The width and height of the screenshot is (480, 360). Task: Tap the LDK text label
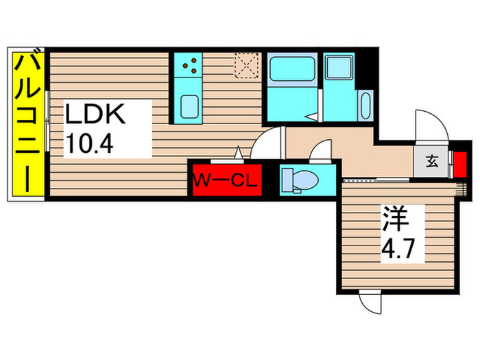pyautogui.click(x=95, y=115)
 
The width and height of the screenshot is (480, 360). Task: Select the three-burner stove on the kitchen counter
pyautogui.click(x=190, y=66)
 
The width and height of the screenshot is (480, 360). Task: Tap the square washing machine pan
pyautogui.click(x=339, y=69)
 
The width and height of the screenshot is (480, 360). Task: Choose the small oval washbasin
pyautogui.click(x=364, y=106)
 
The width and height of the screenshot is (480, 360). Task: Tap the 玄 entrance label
pyautogui.click(x=432, y=163)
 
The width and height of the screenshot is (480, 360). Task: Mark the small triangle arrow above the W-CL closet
pyautogui.click(x=238, y=153)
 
